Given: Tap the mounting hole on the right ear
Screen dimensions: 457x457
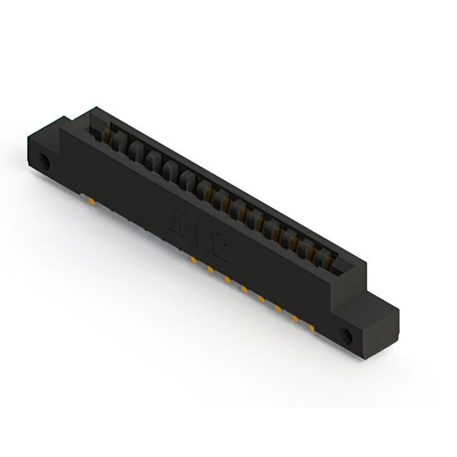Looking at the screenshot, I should (x=349, y=336).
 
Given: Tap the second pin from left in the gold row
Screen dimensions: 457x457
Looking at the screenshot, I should (x=211, y=270).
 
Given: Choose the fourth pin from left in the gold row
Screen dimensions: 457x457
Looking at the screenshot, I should (x=245, y=289).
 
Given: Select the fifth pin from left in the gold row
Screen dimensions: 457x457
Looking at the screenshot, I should (x=262, y=298).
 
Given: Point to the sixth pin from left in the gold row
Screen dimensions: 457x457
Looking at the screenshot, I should (x=278, y=308).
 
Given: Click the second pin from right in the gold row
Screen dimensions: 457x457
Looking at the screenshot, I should (x=296, y=318).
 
